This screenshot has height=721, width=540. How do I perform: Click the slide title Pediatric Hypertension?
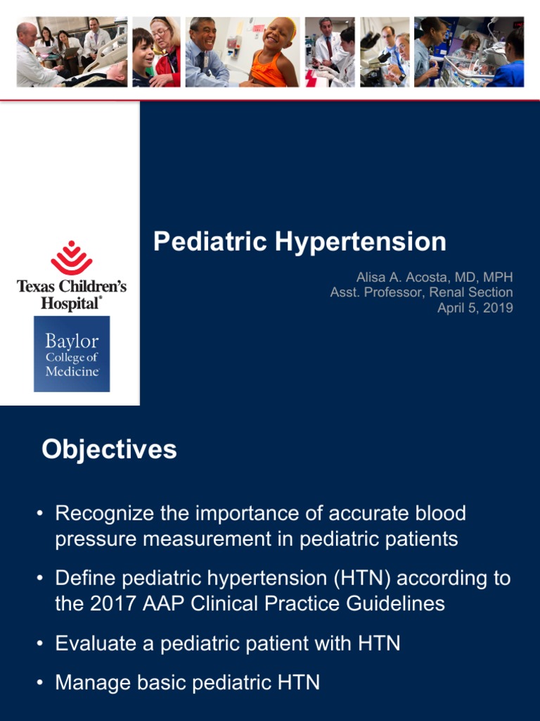click(x=300, y=242)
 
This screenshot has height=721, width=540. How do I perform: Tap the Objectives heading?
click(x=109, y=449)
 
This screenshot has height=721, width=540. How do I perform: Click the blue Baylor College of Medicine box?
click(x=72, y=353)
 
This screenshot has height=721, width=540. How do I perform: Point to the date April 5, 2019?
click(x=475, y=308)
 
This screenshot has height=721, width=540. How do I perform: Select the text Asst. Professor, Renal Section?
click(x=421, y=292)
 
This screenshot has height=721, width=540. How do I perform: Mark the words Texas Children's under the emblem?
click(x=72, y=287)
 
